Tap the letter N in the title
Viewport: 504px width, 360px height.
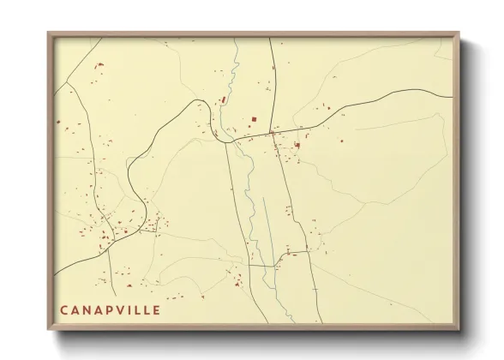[88, 309]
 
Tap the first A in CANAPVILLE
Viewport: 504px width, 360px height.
[76, 309]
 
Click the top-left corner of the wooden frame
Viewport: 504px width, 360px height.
[48, 33]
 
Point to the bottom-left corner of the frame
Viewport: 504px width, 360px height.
[48, 329]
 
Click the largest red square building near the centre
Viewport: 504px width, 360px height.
[253, 119]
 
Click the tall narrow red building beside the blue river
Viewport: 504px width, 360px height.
[225, 99]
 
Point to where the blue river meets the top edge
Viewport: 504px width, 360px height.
[236, 39]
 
